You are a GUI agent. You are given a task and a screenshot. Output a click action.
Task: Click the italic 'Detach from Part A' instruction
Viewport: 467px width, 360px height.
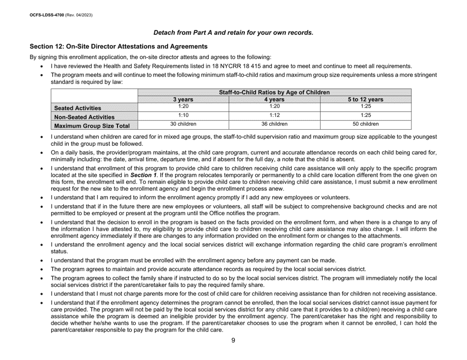pyautogui.click(x=233, y=32)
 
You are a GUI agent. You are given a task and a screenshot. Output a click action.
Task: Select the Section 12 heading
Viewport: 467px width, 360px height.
pyautogui.click(x=118, y=47)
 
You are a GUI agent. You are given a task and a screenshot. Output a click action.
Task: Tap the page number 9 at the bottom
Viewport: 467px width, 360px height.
pyautogui.click(x=233, y=340)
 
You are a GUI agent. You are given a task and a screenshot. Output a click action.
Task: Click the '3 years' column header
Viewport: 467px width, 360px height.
pyautogui.click(x=183, y=100)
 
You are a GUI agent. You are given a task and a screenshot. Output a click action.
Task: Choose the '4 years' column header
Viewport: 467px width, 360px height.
pyautogui.click(x=274, y=100)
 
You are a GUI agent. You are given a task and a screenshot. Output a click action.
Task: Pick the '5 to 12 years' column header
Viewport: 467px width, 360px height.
pyautogui.click(x=365, y=100)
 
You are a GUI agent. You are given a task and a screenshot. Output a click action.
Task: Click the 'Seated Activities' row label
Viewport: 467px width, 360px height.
pyautogui.click(x=78, y=108)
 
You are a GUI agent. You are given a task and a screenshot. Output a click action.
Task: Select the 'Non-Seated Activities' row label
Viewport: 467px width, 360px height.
pyautogui.click(x=84, y=117)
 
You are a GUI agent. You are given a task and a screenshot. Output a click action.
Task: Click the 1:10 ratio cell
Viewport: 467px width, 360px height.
pyautogui.click(x=183, y=116)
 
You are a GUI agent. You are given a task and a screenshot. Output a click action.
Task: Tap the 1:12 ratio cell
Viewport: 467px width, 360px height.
pyautogui.click(x=274, y=116)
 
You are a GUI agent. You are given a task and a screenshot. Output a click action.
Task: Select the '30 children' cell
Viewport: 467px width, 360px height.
pyautogui.click(x=183, y=125)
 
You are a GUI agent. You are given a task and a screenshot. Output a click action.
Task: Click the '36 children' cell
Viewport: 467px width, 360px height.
pyautogui.click(x=274, y=125)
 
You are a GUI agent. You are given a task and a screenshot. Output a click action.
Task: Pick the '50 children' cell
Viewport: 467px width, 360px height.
pyautogui.click(x=365, y=125)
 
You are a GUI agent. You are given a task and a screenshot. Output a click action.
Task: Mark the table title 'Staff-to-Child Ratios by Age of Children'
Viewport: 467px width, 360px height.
pyautogui.click(x=274, y=92)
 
